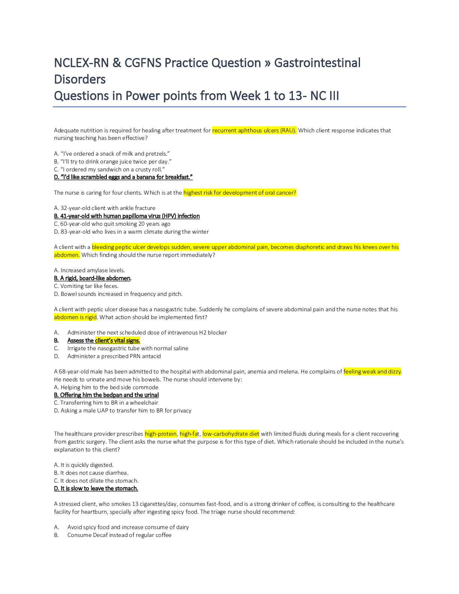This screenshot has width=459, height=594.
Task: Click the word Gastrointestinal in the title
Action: [317, 63]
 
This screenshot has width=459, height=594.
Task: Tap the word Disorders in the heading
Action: [79, 79]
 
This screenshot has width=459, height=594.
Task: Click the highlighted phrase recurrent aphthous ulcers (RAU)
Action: [254, 130]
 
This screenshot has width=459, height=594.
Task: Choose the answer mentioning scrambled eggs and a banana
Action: [123, 177]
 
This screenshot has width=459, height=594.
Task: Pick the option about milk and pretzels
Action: [112, 154]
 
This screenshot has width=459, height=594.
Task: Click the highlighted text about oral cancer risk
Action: [240, 193]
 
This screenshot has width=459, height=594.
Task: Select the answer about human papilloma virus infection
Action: [127, 216]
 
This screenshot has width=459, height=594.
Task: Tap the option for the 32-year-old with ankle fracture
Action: [105, 208]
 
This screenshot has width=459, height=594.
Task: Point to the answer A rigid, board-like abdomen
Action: [92, 278]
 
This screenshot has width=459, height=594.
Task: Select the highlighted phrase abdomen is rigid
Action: [75, 317]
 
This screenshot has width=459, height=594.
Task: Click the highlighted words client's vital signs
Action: [117, 340]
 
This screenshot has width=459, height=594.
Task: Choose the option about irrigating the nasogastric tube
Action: [127, 348]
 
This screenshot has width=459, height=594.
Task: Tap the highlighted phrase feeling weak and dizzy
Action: [372, 372]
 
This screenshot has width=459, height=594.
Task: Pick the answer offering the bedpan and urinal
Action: [106, 395]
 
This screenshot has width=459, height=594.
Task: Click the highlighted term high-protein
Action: [160, 434]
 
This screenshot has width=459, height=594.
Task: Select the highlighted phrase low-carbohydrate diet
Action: [231, 434]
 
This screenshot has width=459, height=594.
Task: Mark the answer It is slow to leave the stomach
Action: [96, 488]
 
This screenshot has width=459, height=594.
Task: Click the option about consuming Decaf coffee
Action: [119, 535]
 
